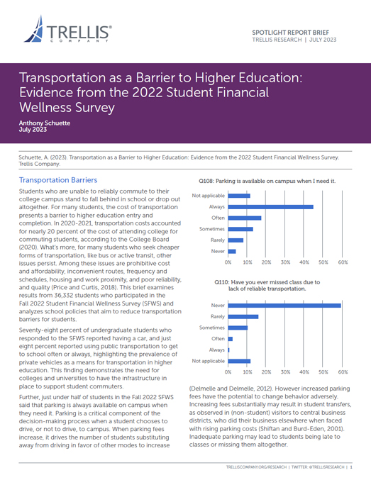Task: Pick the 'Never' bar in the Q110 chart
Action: coord(284,305)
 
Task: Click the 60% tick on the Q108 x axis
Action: coord(342,262)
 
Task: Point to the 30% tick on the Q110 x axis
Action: coord(285,372)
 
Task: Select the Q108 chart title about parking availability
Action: coord(270,181)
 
